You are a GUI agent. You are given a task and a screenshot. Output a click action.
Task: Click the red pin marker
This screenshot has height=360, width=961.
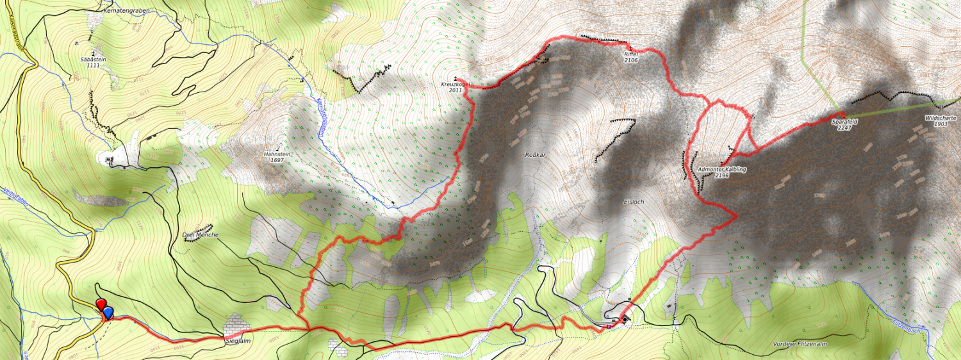100,304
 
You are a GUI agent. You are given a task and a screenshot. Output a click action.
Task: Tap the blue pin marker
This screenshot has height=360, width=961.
108,313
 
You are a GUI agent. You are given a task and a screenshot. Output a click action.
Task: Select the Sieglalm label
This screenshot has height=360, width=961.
238,341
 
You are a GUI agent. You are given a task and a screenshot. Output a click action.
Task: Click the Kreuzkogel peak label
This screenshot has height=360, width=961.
456,85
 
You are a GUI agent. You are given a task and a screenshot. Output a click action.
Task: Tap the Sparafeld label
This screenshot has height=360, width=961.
844,121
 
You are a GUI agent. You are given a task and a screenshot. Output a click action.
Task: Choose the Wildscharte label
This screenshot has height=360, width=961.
940,118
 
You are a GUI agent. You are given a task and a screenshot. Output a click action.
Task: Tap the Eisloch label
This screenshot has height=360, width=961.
633,202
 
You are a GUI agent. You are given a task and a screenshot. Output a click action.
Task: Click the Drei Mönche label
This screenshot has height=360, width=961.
200,234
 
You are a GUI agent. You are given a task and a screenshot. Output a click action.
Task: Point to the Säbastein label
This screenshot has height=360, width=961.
94,59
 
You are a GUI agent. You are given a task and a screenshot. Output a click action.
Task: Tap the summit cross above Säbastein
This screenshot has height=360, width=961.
94,53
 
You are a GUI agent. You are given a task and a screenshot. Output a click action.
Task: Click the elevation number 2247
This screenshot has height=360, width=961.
844,127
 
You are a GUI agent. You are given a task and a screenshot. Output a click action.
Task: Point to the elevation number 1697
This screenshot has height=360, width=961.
277,161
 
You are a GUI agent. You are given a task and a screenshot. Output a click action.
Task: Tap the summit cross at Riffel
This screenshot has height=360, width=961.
631,49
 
